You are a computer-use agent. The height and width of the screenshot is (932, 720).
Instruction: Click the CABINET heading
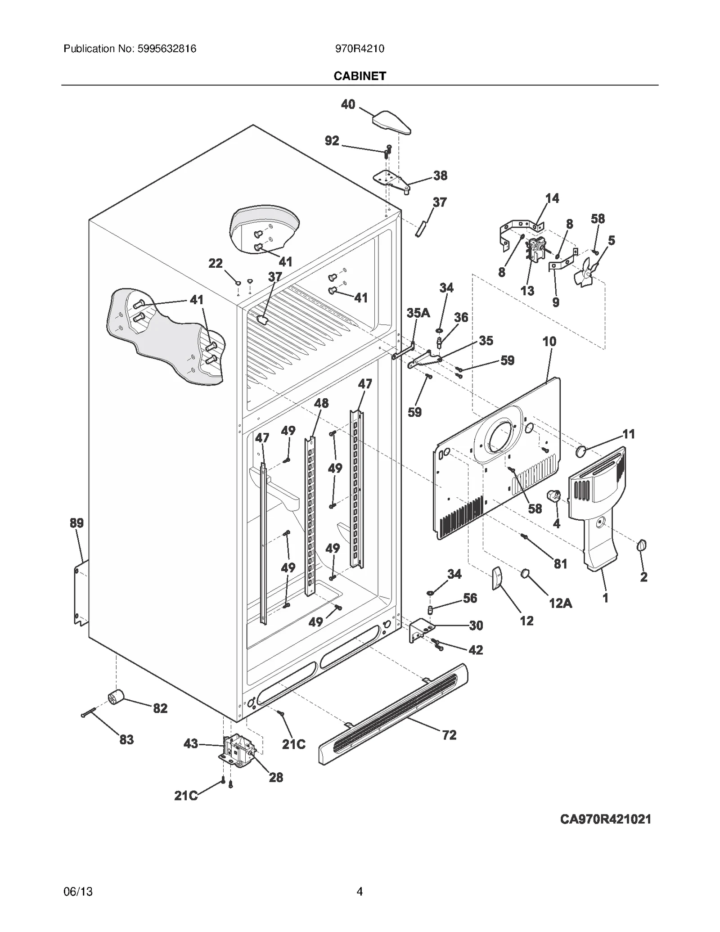(x=360, y=76)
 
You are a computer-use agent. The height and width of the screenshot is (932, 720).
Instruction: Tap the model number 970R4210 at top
(x=360, y=49)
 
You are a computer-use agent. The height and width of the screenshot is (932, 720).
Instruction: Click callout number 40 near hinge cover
(x=348, y=104)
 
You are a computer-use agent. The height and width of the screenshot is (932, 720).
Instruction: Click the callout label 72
(x=449, y=735)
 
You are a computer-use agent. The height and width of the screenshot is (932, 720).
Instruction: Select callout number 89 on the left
(x=76, y=523)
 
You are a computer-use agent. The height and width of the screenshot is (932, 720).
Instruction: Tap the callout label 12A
(x=560, y=603)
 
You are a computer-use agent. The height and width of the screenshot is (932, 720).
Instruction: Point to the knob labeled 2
(x=642, y=546)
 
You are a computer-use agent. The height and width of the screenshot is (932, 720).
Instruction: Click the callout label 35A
(x=418, y=313)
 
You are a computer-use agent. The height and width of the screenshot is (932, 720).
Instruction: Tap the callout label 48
(x=321, y=403)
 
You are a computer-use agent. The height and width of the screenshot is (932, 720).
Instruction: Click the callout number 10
(x=549, y=342)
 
